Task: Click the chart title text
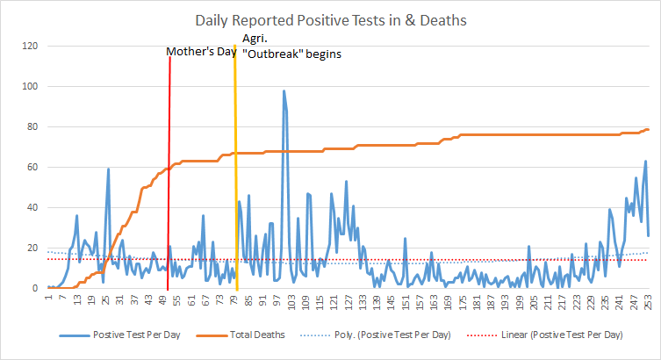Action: point(330,19)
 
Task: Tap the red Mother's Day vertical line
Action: point(169,176)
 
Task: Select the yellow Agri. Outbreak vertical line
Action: point(235,176)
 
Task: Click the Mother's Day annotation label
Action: point(203,53)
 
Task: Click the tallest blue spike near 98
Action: point(284,91)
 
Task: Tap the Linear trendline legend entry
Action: point(562,335)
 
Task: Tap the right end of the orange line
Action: point(648,129)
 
